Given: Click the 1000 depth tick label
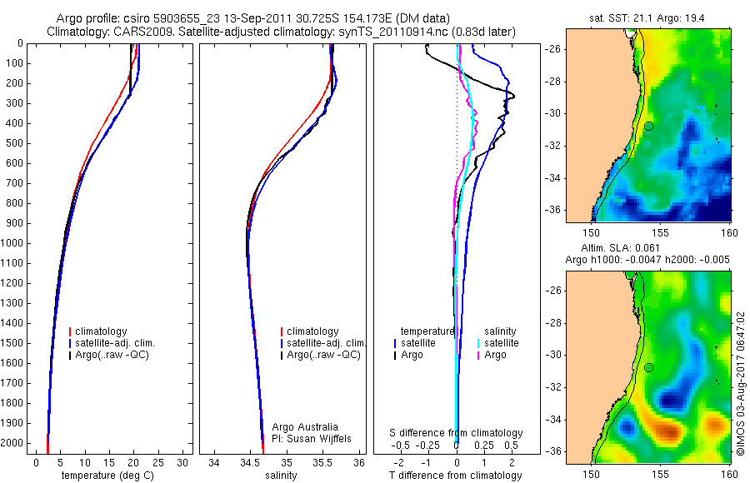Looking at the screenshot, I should point(14,243).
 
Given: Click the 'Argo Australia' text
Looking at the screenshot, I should point(305,427).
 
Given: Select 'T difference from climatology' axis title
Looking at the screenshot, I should point(455,476).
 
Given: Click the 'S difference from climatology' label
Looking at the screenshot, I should point(456,433).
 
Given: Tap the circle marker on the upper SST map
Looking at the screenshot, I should point(648,126).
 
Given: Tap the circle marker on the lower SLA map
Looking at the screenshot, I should point(648,367).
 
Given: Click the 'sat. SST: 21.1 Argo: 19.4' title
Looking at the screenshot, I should point(647,16).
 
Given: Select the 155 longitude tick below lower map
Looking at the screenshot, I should point(661,474).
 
